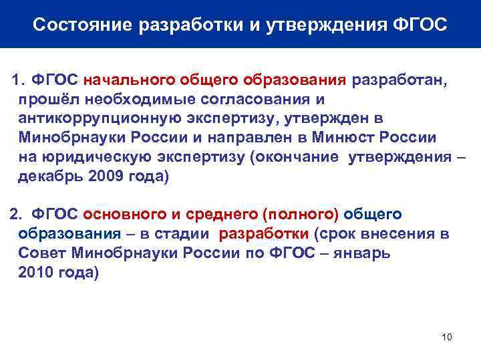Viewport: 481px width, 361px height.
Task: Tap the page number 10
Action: (447, 336)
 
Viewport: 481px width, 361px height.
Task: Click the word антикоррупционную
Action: (101, 118)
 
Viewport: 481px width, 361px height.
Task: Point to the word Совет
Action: (39, 254)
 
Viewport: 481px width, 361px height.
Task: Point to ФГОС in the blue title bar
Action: (425, 25)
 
